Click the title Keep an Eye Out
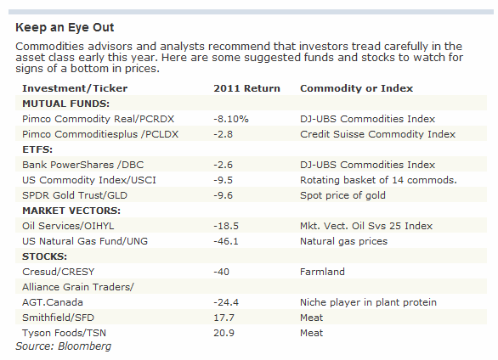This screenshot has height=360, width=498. (65, 28)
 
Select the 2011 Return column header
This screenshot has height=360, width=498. (246, 88)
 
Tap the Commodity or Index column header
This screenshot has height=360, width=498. (356, 88)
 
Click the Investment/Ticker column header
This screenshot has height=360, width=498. (75, 88)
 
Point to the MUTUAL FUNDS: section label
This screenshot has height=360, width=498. (65, 104)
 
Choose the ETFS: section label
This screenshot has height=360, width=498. (37, 149)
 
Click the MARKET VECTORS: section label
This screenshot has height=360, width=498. (71, 211)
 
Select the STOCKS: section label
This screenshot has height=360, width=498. (44, 256)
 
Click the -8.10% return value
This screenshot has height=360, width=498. (231, 119)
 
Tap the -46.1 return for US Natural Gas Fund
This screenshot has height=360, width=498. (226, 241)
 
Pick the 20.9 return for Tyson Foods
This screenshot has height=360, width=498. (224, 333)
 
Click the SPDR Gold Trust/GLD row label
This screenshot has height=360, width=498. (75, 195)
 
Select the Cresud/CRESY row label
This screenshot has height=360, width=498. (59, 272)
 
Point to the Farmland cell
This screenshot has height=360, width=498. (322, 272)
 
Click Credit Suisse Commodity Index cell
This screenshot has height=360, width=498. (378, 134)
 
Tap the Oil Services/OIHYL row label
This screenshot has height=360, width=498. (68, 226)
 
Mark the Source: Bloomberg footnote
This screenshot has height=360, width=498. (64, 346)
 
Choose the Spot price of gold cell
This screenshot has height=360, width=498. (342, 195)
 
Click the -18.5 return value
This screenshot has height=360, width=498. (226, 226)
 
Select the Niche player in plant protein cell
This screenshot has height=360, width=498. (369, 302)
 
